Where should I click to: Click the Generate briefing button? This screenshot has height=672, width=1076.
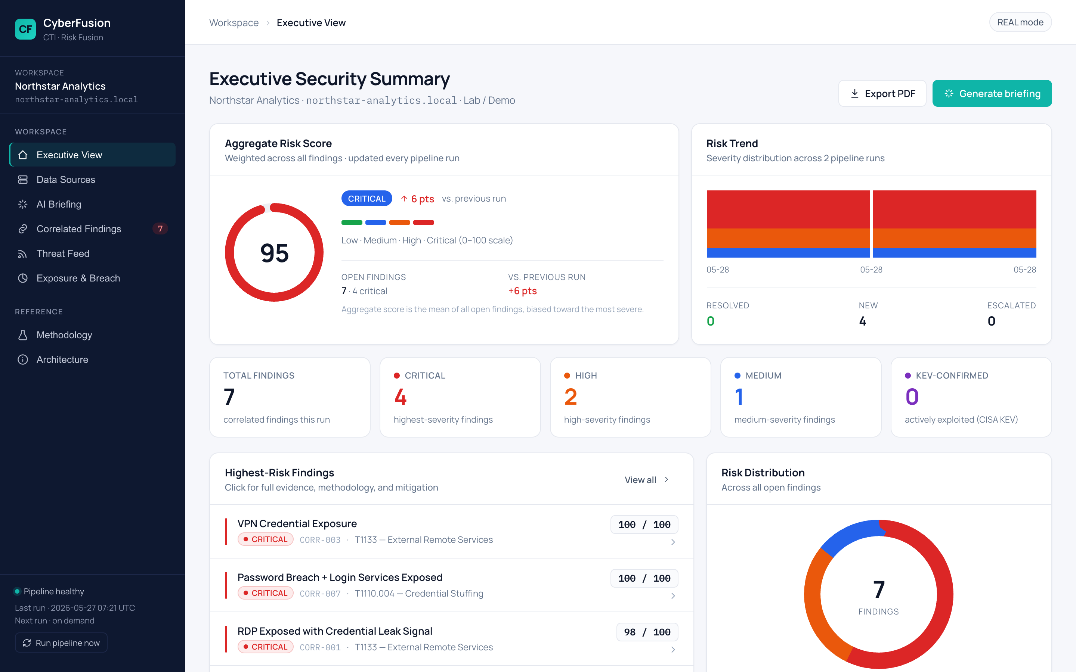992,93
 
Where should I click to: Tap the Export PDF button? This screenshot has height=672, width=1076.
882,93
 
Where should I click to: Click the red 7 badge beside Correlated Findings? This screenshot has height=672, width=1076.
160,228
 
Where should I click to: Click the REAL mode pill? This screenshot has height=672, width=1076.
1020,22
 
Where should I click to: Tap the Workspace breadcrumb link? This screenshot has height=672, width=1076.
234,23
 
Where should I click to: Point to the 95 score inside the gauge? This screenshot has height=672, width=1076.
274,253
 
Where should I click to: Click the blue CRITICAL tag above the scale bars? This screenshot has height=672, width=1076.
367,198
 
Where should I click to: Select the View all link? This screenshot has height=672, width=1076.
646,480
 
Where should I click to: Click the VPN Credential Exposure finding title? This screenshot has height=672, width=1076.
297,523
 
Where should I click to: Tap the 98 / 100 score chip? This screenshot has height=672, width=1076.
647,632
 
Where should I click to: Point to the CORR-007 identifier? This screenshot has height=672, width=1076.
320,593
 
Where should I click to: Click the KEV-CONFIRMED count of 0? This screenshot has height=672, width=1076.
912,397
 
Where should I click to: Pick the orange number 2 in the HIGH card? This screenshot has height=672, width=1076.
571,397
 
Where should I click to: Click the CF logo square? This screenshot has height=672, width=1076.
25,29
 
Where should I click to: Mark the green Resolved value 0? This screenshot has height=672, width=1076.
711,321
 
